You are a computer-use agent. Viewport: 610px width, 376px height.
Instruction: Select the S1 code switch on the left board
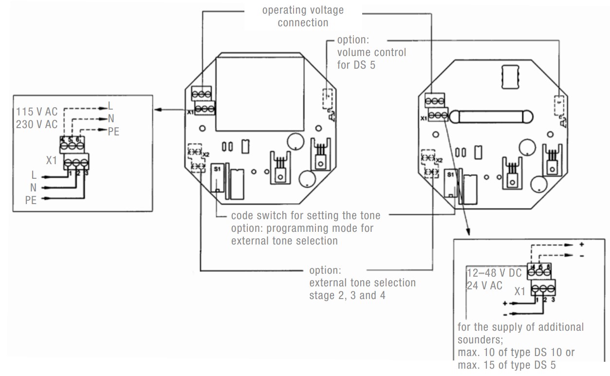pyautogui.click(x=218, y=180)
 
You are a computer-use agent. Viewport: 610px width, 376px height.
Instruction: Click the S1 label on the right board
pyautogui.click(x=450, y=174)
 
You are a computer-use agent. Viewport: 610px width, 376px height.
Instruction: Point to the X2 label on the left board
pyautogui.click(x=205, y=154)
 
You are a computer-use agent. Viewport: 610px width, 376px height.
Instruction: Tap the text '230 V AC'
pyautogui.click(x=37, y=124)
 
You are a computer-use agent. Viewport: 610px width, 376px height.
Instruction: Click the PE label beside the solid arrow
pyautogui.click(x=31, y=200)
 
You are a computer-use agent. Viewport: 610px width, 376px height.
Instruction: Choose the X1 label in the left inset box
pyautogui.click(x=52, y=160)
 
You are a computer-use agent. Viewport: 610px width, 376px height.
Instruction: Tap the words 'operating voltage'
pyautogui.click(x=303, y=10)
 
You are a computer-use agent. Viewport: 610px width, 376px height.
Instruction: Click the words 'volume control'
pyautogui.click(x=371, y=52)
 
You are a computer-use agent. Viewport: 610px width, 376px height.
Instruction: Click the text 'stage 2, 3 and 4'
pyautogui.click(x=347, y=295)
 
